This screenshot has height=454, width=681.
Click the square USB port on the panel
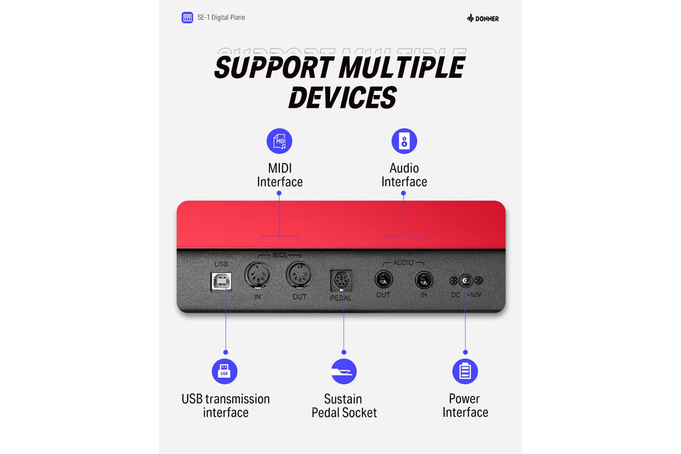(x=221, y=281)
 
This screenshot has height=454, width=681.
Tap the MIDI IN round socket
(x=257, y=275)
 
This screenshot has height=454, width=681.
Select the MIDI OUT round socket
(x=299, y=275)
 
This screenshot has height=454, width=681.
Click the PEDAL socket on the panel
(x=341, y=281)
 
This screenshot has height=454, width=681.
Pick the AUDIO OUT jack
(x=384, y=280)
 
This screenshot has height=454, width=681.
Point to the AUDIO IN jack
(x=424, y=280)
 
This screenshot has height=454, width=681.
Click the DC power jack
(x=466, y=281)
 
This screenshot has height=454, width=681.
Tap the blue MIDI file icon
(x=279, y=141)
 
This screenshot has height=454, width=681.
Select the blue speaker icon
(x=404, y=141)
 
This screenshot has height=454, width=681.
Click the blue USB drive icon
(x=225, y=372)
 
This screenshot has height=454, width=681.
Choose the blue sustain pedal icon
(x=344, y=372)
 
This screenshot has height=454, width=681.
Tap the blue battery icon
(x=465, y=372)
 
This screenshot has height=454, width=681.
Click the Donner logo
(x=483, y=18)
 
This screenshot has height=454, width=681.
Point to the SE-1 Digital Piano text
(x=221, y=17)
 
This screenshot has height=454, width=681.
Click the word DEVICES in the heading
(x=342, y=97)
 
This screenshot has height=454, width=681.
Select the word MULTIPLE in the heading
(x=402, y=67)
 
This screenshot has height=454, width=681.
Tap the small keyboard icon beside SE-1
(x=187, y=17)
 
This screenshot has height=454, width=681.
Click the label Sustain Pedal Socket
(x=344, y=405)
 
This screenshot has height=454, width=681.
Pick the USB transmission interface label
(x=225, y=405)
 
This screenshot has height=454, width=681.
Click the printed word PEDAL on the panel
(x=341, y=298)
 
